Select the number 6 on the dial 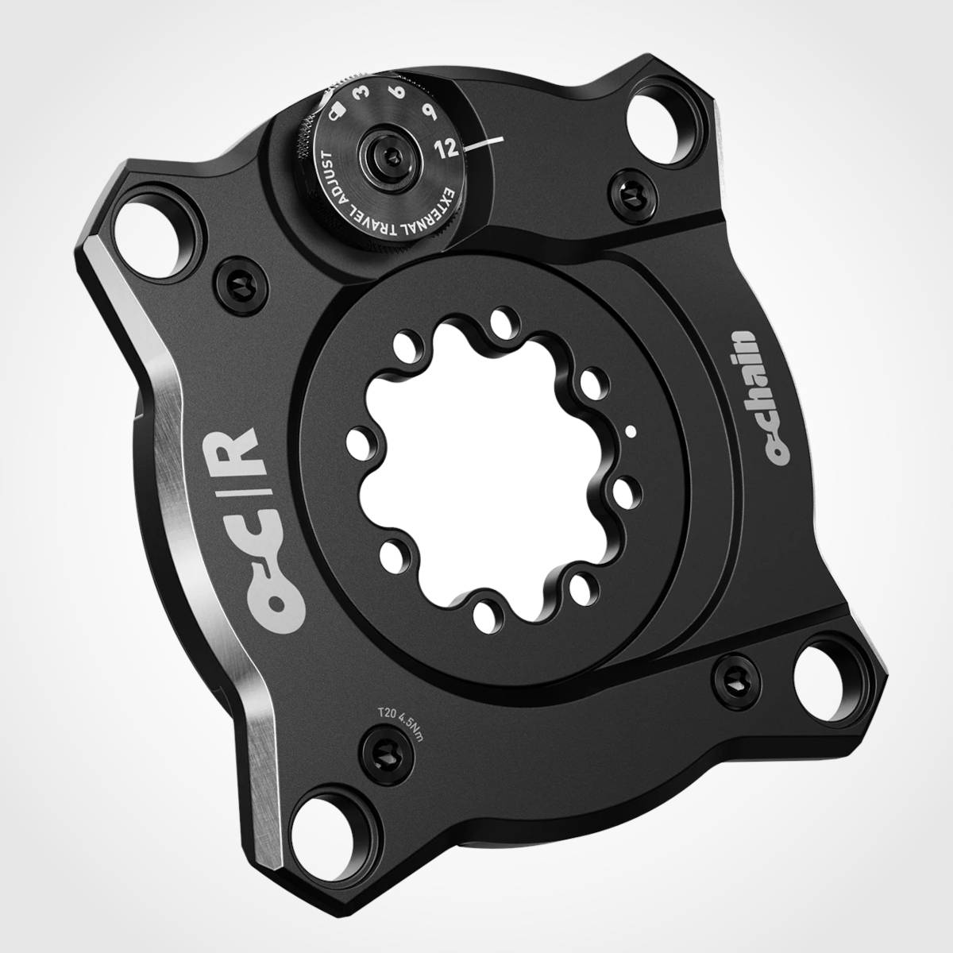[399, 98]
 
